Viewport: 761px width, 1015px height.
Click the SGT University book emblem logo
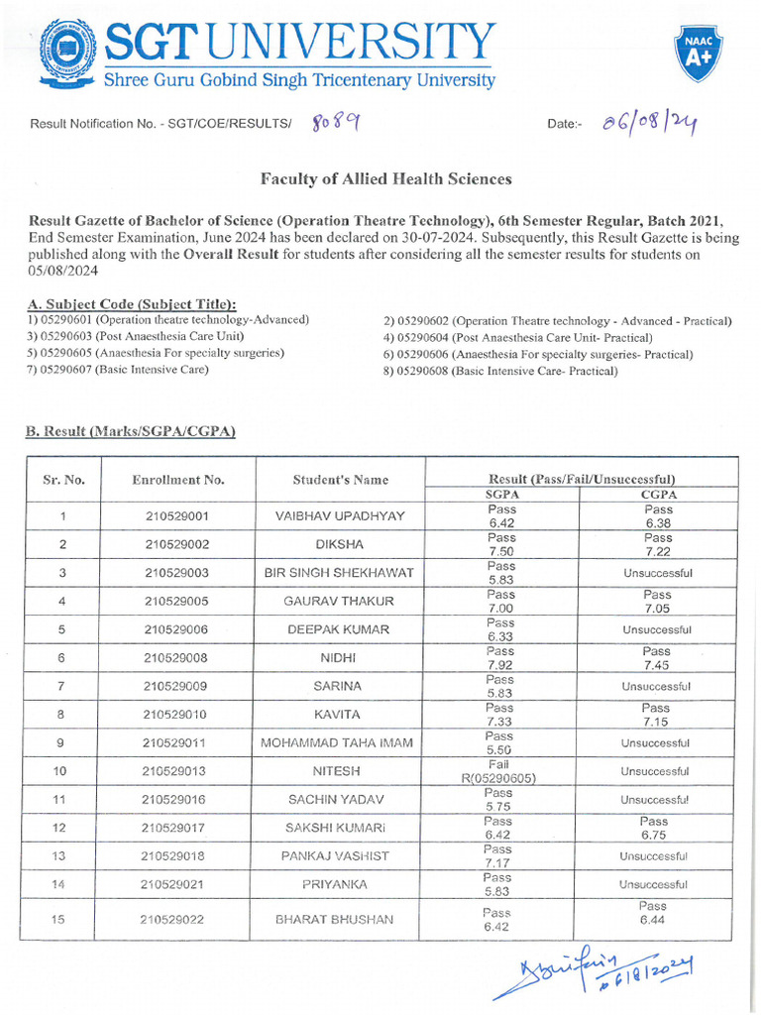click(67, 51)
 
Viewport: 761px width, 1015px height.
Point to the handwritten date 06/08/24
click(645, 123)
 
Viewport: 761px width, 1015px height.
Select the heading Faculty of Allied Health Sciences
click(385, 179)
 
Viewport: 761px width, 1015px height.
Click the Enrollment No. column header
click(178, 480)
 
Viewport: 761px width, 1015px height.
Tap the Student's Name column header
click(340, 480)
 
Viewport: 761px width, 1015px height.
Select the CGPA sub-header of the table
click(658, 494)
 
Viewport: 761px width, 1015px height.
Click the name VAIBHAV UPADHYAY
click(340, 515)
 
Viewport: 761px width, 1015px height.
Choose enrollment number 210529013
click(175, 771)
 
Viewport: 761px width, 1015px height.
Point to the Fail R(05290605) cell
click(498, 771)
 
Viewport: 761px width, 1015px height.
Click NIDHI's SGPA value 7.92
click(501, 665)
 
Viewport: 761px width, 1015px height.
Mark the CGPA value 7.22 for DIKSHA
click(658, 550)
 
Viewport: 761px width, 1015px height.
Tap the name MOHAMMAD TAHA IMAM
click(339, 742)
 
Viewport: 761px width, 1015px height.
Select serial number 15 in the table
click(58, 920)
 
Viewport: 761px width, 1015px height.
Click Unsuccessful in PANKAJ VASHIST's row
click(653, 856)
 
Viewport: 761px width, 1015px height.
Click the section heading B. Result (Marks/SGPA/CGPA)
click(130, 431)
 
